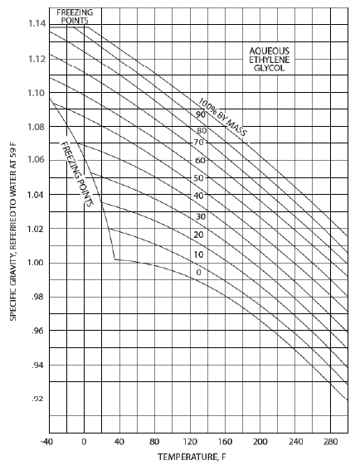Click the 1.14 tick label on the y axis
click(x=37, y=23)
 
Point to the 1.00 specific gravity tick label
click(x=37, y=263)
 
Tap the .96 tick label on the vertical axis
click(x=39, y=331)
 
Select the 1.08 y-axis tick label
click(x=37, y=127)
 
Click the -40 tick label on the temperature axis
click(x=46, y=442)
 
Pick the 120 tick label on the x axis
click(x=190, y=442)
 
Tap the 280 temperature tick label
click(x=330, y=442)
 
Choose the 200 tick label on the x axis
click(x=260, y=442)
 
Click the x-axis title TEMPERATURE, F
click(x=192, y=457)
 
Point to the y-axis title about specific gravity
click(x=13, y=231)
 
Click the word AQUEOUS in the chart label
click(x=270, y=51)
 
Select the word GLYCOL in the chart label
click(x=269, y=68)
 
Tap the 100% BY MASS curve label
click(x=222, y=118)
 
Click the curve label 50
click(x=198, y=178)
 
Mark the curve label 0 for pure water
click(x=198, y=272)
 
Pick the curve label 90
click(x=201, y=114)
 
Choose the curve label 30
click(x=201, y=216)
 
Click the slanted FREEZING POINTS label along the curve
click(x=77, y=174)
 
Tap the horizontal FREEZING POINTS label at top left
click(x=75, y=17)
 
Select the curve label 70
click(x=198, y=143)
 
